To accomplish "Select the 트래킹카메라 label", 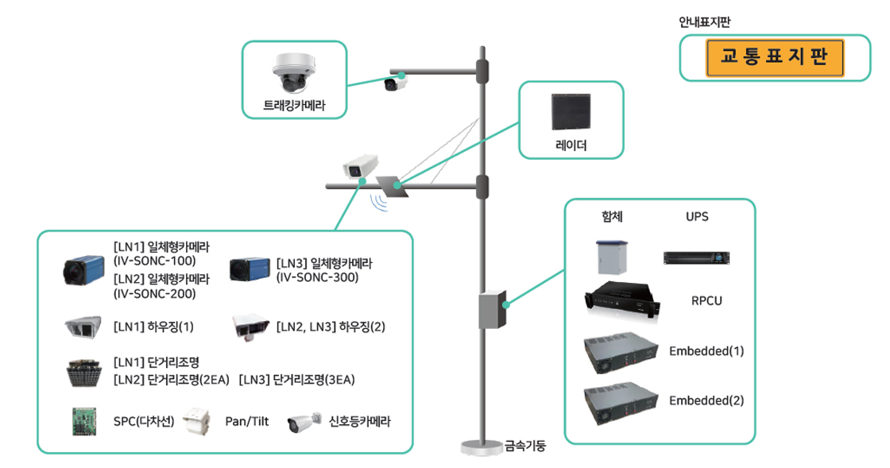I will click(x=294, y=105).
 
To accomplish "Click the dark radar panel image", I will click(x=571, y=113).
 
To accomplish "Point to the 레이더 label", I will click(x=571, y=146).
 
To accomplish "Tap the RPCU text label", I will click(x=706, y=301).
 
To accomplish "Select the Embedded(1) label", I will click(x=706, y=351).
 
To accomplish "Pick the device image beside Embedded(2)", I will click(x=621, y=403).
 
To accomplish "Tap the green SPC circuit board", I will click(x=83, y=421).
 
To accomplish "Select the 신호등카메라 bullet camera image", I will click(x=304, y=421).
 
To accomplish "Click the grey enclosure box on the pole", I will click(x=491, y=310).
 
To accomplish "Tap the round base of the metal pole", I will click(x=482, y=449).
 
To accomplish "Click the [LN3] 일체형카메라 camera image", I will click(x=250, y=270).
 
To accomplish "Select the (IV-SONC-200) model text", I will click(x=155, y=294).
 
